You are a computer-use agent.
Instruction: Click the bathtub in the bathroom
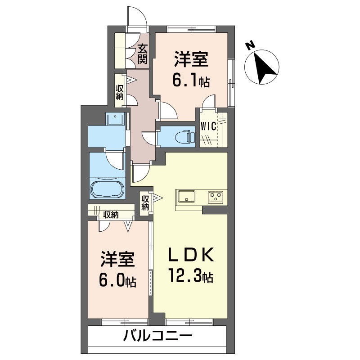tap(107, 190)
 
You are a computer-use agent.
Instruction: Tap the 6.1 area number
tap(185, 81)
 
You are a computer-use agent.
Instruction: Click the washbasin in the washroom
tap(115, 119)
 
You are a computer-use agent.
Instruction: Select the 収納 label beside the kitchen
tap(145, 202)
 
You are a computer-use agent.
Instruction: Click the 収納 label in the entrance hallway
tap(119, 92)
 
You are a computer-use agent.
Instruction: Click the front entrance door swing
tap(137, 17)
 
